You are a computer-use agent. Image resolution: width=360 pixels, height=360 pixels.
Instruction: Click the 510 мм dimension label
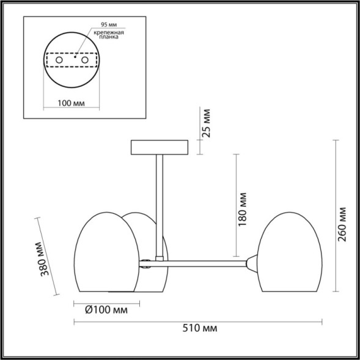tap(200, 329)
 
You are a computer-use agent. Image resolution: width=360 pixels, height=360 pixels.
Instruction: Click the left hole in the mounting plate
tap(59, 61)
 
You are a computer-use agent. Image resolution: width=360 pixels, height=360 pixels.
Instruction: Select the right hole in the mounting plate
tap(86, 61)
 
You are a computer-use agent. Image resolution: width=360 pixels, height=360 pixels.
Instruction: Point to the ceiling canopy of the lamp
tap(160, 148)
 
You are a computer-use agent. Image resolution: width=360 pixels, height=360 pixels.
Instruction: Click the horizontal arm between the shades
tap(202, 264)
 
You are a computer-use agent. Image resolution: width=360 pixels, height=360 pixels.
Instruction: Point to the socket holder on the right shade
tap(252, 263)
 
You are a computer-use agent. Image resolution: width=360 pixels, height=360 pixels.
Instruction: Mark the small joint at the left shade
tap(147, 264)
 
